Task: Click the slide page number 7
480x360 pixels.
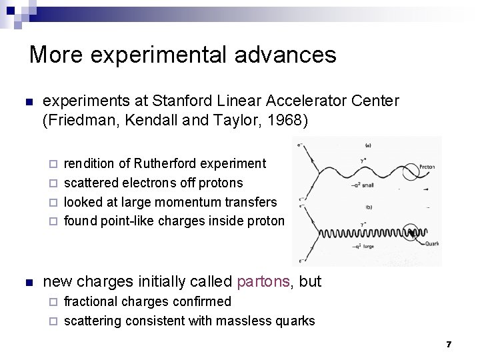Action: (449, 344)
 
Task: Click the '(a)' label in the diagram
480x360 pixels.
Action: (369, 147)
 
